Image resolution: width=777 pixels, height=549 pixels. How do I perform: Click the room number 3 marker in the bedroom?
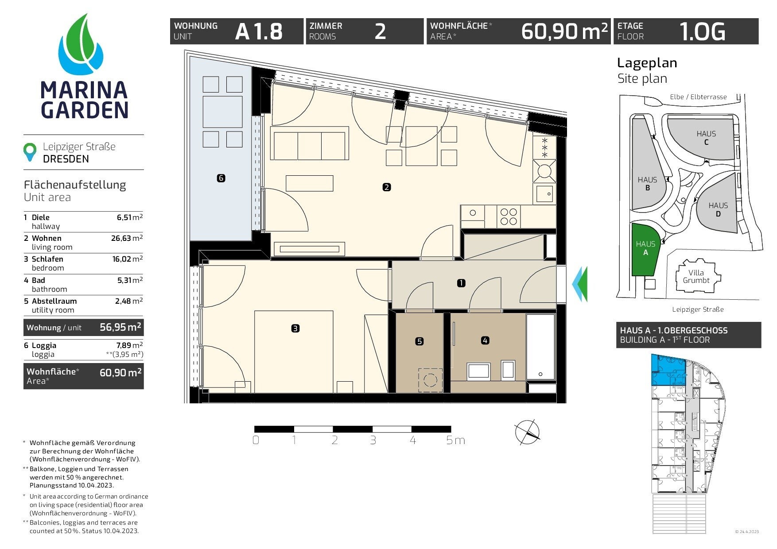pos(295,329)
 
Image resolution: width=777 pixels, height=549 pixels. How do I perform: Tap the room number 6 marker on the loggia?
pos(221,178)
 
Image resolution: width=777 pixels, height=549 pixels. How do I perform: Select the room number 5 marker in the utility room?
pos(420,341)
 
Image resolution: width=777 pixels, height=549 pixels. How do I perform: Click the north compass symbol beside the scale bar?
pos(527,432)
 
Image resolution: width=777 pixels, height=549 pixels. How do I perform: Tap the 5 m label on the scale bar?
pos(455,441)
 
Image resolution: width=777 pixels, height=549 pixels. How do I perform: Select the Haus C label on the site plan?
pos(706,138)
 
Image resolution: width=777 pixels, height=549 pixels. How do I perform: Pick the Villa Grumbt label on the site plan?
pos(696,277)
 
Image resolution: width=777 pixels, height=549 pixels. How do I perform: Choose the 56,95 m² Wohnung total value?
pos(120,327)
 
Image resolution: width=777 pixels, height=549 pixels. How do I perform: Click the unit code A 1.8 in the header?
pos(259,31)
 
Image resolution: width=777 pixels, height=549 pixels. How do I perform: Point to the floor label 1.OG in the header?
pos(703,31)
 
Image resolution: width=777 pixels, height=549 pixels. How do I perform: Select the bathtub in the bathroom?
pos(540,347)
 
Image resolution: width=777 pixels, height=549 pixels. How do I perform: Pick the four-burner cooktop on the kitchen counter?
pos(509,217)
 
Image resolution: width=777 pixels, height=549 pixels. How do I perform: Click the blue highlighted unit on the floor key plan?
pos(667,369)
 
